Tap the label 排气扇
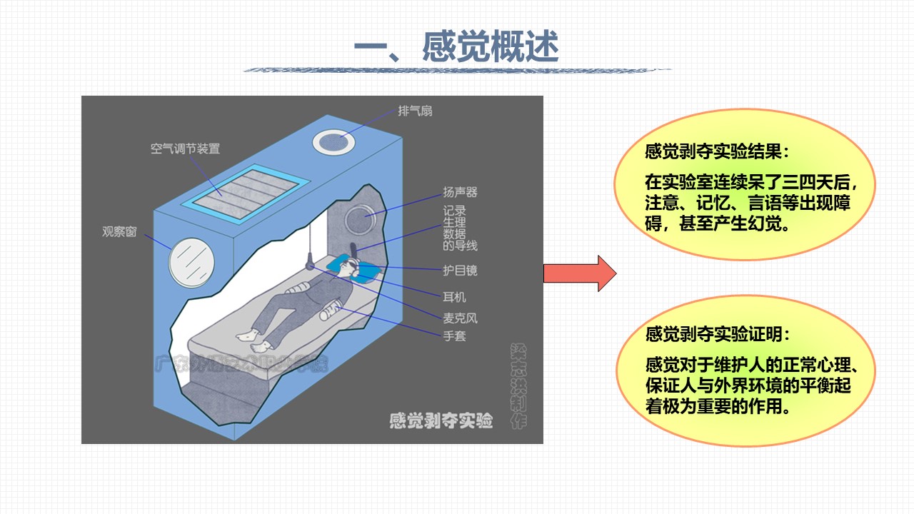click(x=415, y=111)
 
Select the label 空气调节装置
click(x=185, y=149)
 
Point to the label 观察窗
click(x=119, y=231)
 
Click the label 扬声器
click(x=460, y=192)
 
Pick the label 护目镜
click(x=460, y=271)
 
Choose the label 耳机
click(x=454, y=296)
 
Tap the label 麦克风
click(x=460, y=316)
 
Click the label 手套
click(x=454, y=335)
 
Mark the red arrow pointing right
click(x=579, y=273)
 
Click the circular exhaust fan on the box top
click(x=334, y=141)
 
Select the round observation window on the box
click(x=191, y=261)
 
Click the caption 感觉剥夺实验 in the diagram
click(x=441, y=420)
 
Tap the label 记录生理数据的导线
click(x=460, y=228)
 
